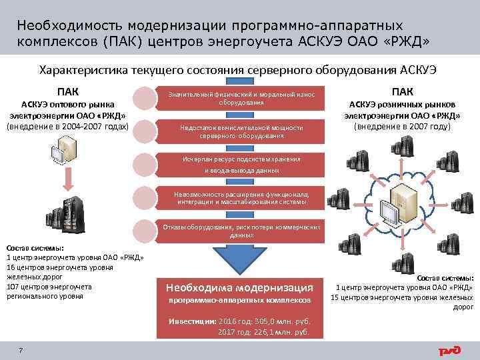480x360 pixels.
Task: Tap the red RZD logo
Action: coord(449,349)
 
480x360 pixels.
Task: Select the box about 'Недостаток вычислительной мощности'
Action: coord(242,131)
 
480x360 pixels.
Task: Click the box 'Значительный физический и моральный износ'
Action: coord(242,99)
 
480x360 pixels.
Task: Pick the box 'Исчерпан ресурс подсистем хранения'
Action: coord(242,165)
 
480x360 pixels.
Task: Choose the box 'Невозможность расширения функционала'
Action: coord(242,197)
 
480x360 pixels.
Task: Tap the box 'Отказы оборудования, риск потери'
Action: coord(242,231)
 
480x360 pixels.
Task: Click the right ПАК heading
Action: coord(402,91)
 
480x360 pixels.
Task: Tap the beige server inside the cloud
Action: coord(405,197)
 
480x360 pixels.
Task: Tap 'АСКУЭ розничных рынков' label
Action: coord(402,105)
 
